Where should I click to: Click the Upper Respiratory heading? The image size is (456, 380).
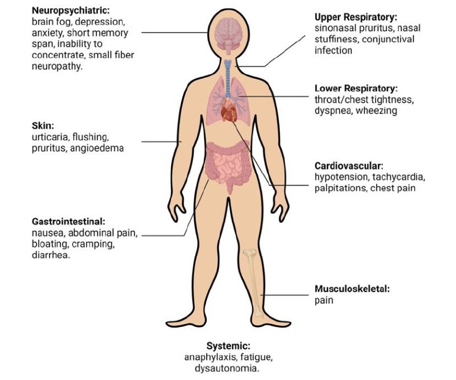click(356, 18)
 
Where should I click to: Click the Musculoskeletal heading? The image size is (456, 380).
click(352, 289)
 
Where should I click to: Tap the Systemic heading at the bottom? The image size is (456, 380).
click(228, 346)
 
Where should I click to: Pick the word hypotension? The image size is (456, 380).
click(340, 177)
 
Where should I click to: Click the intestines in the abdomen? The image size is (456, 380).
click(227, 165)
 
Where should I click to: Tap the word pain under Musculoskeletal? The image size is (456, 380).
click(324, 300)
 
